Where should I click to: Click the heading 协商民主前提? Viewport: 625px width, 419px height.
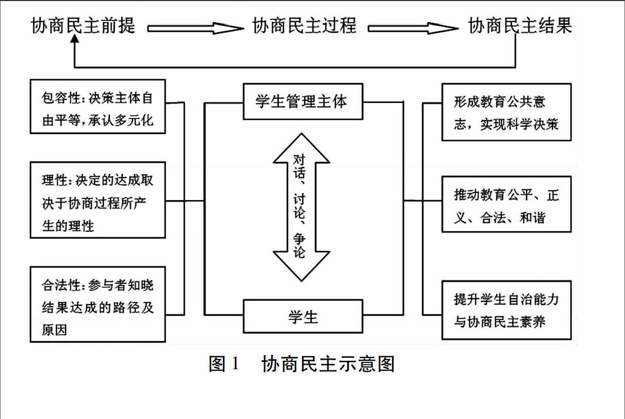(83, 25)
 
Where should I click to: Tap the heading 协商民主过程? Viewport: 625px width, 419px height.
(304, 25)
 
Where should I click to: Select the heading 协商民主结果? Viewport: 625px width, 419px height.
(520, 25)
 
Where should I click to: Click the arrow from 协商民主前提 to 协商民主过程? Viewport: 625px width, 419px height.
(195, 28)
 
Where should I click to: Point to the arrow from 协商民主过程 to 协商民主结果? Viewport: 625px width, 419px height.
(413, 28)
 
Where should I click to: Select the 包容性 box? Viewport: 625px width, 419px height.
(98, 106)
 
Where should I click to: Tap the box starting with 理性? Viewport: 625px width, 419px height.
(98, 200)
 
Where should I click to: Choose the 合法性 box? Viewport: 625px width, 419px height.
(98, 304)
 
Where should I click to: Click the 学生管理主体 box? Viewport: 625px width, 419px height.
(303, 102)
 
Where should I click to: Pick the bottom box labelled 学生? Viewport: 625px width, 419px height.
(303, 316)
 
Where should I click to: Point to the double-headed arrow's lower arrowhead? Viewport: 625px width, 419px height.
(301, 266)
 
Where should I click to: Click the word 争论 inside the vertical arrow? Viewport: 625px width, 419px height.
(299, 245)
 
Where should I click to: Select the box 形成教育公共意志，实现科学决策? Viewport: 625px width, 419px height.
(507, 112)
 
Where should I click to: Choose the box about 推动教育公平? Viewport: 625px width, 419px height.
(507, 204)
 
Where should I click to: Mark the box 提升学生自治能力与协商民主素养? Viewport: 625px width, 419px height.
(507, 310)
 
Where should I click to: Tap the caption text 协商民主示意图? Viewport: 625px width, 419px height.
(328, 364)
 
